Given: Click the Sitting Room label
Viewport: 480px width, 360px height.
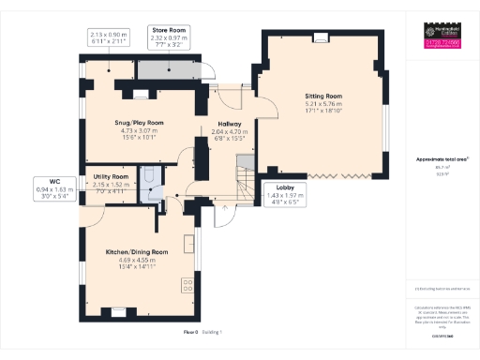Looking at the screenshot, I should click(323, 96).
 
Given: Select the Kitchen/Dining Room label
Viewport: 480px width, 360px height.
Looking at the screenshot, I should click(137, 252).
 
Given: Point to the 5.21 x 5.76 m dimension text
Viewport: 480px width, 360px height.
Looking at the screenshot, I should click(323, 104).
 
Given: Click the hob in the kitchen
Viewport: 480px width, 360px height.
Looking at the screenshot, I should click(188, 283).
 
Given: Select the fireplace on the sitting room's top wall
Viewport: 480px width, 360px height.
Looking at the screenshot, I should click(322, 38).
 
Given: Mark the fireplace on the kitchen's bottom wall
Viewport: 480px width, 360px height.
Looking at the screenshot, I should click(118, 310).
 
